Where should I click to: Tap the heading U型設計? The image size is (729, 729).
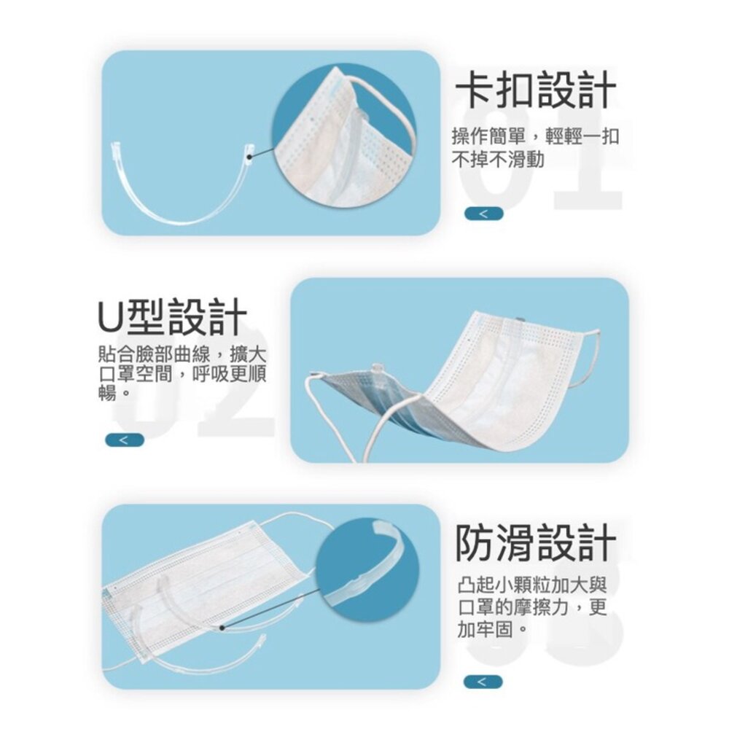172,318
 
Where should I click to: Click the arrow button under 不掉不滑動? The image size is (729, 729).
483,214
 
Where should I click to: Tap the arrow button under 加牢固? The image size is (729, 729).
483,682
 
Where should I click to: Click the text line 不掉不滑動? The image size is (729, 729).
498,160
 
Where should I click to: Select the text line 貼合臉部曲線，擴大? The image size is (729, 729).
182,355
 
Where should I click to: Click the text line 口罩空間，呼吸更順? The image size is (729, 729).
182,374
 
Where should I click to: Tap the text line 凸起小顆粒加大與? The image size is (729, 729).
532,585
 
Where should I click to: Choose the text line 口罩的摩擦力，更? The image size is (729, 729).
532,607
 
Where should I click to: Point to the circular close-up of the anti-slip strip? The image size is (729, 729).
367,569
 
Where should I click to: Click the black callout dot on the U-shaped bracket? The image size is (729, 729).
249,157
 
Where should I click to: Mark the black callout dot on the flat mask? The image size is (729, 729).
222,628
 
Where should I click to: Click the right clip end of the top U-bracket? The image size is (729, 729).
249,150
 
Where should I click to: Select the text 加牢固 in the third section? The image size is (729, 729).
486,630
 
